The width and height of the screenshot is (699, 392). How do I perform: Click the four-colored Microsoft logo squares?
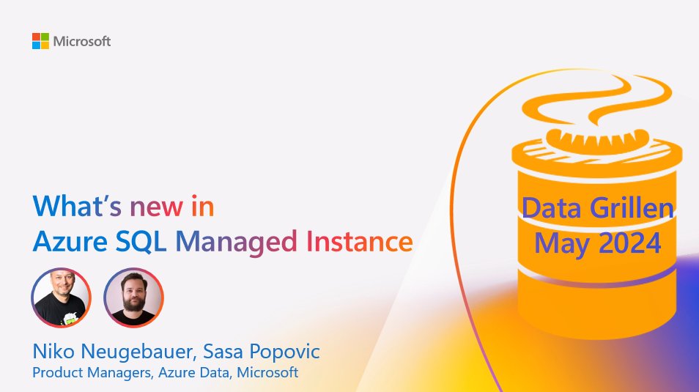[x=40, y=41]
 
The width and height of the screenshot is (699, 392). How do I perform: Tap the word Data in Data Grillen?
[x=554, y=209]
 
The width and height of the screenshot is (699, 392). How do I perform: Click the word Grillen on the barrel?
[x=633, y=209]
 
